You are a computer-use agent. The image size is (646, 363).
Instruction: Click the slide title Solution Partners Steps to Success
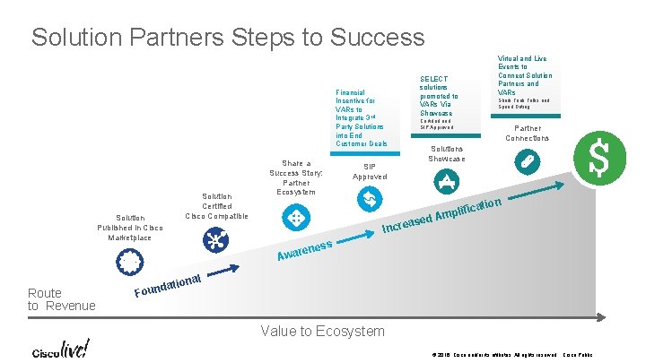click(228, 37)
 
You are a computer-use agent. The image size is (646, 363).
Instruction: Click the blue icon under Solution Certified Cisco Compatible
click(215, 239)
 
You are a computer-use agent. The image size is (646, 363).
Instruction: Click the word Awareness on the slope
click(305, 252)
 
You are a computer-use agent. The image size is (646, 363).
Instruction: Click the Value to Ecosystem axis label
click(322, 332)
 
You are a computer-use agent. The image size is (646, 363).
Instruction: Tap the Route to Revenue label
click(61, 299)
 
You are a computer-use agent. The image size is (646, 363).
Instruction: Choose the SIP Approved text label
click(370, 171)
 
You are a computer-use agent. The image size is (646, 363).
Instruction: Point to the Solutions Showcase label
click(448, 153)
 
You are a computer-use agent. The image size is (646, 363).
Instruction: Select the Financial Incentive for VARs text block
click(362, 117)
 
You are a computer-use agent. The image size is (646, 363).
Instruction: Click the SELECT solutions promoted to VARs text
click(439, 96)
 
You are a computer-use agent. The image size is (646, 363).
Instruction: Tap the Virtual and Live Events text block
click(525, 75)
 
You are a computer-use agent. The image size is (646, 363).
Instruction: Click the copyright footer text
click(493, 356)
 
